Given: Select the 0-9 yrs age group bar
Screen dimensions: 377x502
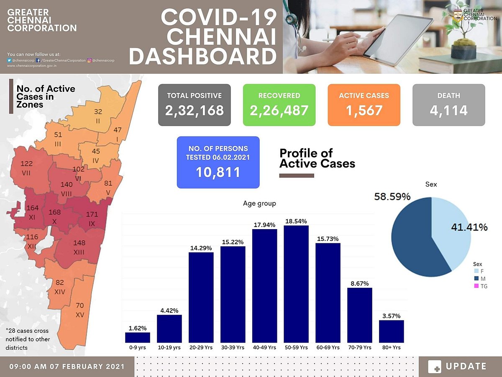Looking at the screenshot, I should click(x=138, y=337).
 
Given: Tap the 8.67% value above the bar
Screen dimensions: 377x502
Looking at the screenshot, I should click(x=360, y=284).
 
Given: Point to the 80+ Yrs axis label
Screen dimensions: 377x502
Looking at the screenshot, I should click(x=392, y=348).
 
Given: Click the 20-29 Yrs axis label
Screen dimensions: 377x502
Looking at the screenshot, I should click(x=201, y=348).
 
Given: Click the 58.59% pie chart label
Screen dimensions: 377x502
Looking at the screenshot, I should click(x=392, y=196).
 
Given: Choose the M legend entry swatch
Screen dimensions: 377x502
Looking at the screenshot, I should click(x=476, y=279).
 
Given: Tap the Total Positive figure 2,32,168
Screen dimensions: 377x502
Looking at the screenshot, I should click(x=195, y=111).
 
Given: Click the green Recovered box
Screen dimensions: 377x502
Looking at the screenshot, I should click(x=279, y=105).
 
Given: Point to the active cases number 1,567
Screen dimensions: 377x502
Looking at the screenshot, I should click(x=364, y=111).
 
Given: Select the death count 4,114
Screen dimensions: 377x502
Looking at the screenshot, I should click(x=448, y=111).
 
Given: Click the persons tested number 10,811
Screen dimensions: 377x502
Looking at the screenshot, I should click(x=218, y=172).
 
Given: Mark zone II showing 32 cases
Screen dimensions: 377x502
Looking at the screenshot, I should click(x=98, y=115).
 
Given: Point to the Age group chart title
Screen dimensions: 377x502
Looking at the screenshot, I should click(x=259, y=204).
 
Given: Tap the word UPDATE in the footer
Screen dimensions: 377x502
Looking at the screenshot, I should click(x=466, y=367).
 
